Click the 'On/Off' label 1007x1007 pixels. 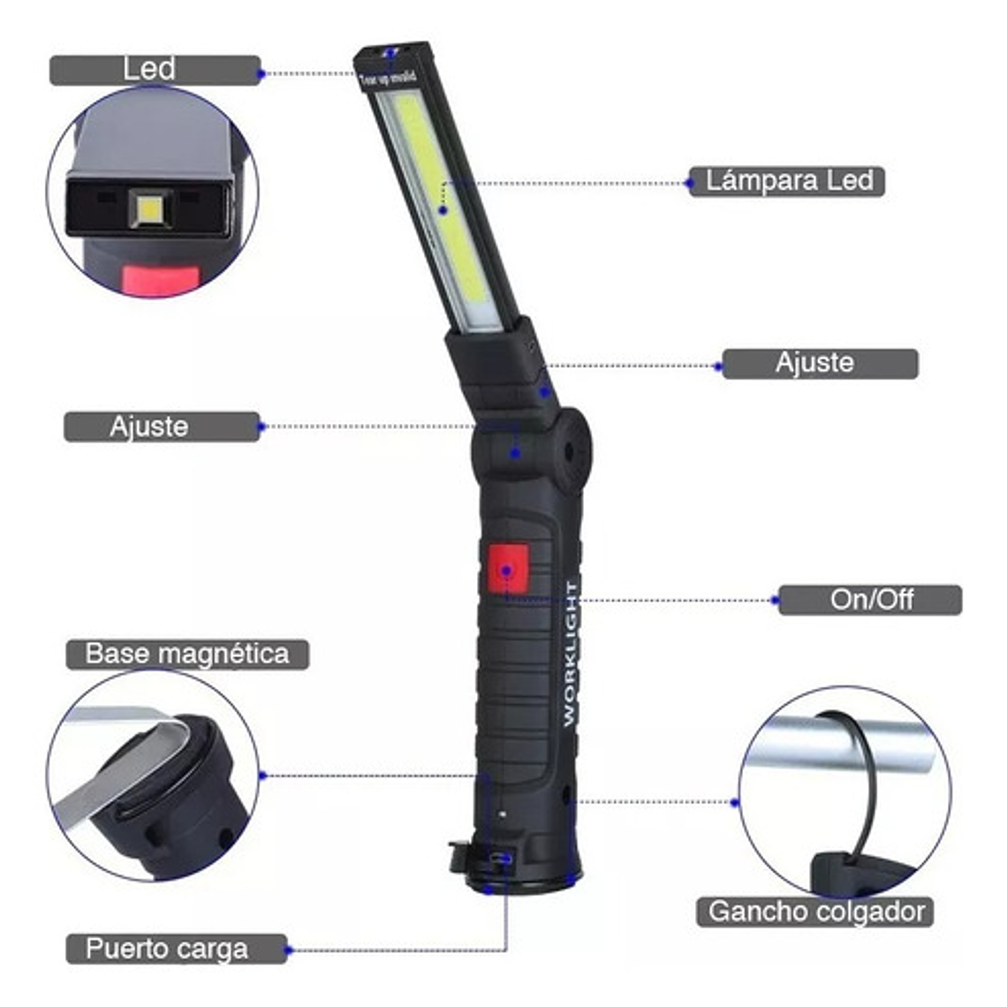tap(869, 600)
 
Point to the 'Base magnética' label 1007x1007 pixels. tap(187, 655)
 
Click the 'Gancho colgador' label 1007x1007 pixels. tap(814, 912)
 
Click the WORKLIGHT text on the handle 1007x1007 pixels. tap(571, 654)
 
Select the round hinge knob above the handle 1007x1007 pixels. tap(570, 451)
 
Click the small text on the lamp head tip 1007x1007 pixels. tap(388, 78)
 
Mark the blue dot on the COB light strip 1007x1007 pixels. tap(443, 210)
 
